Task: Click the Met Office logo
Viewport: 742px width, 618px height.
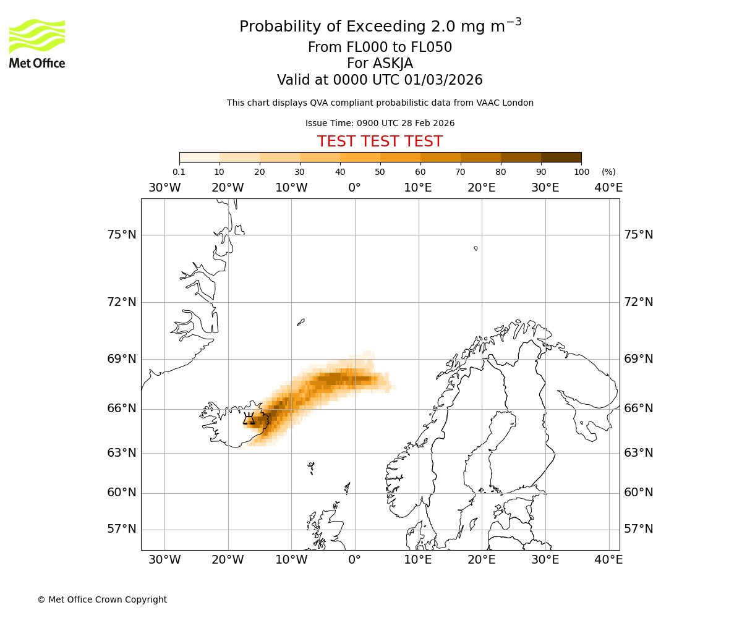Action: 37,43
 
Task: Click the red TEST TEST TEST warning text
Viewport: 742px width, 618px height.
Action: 380,142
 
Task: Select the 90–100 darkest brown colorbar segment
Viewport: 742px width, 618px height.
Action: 561,157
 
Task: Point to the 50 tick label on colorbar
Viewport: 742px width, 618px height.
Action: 380,172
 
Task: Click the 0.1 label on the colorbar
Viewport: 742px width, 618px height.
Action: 179,172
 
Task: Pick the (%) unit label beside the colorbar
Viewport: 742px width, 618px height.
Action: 608,172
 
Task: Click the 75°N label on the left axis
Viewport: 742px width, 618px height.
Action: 121,235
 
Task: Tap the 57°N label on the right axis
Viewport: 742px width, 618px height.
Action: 638,529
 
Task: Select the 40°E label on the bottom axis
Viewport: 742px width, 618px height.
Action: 608,560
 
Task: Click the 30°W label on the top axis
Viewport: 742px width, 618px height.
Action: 164,188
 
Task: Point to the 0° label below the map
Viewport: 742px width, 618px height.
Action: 354,560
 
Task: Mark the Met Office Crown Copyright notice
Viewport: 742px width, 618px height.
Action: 102,599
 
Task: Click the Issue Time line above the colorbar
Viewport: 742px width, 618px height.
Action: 380,123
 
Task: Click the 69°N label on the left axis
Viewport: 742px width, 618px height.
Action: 121,359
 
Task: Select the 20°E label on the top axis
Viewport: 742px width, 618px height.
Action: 481,188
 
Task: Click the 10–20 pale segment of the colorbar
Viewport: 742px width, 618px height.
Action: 239,157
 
